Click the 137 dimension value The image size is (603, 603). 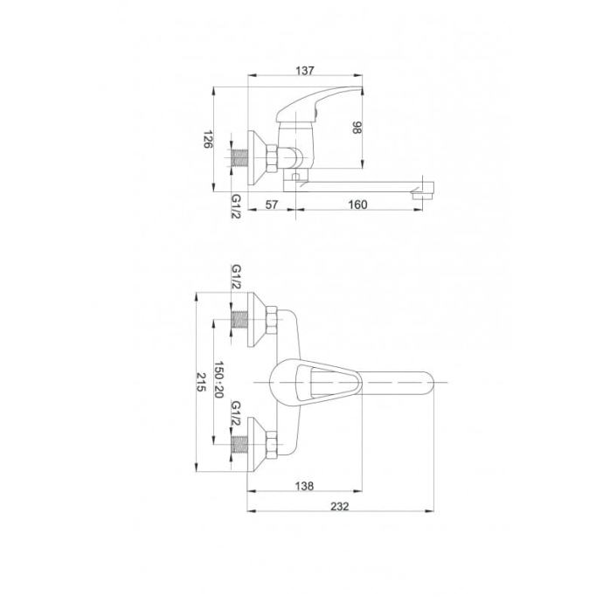(x=305, y=71)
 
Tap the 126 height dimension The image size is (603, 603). (x=208, y=139)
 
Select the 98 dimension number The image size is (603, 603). (x=357, y=128)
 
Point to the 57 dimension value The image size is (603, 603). (x=272, y=204)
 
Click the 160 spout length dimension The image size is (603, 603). (x=357, y=204)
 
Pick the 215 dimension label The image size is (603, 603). (x=202, y=382)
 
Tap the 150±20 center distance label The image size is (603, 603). (x=218, y=379)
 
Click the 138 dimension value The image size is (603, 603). (x=304, y=486)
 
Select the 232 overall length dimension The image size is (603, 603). (x=340, y=507)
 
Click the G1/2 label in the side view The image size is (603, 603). (x=236, y=205)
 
